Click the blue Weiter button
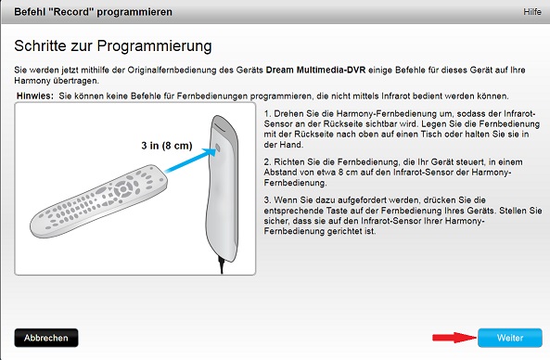coord(510,338)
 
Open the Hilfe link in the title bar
coord(532,12)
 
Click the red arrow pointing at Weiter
coord(454,338)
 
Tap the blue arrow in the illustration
coord(190,160)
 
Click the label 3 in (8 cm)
coord(167,146)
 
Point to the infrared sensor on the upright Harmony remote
coord(217,148)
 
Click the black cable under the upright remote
coord(222,265)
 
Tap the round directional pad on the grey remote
coord(123,189)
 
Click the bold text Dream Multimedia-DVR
coord(315,70)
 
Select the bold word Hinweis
coord(35,96)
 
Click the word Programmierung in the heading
coord(154,46)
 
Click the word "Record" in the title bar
coord(72,12)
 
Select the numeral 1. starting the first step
coord(267,114)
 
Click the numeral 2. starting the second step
coord(267,162)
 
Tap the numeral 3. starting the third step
coord(267,200)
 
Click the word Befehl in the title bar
coord(31,12)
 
